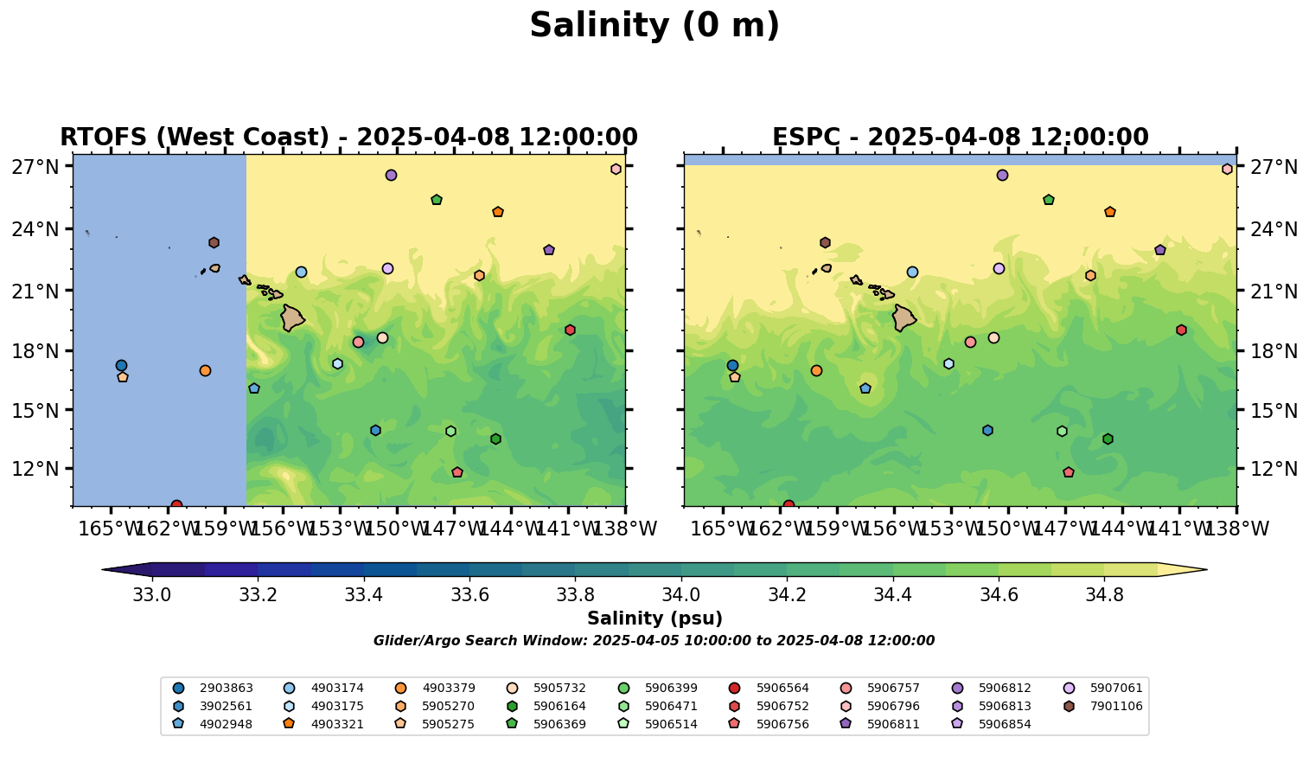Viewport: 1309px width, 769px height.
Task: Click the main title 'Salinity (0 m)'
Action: coord(654,26)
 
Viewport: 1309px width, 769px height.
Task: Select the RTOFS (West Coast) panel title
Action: coord(348,138)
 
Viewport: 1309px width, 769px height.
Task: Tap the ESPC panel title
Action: coord(960,138)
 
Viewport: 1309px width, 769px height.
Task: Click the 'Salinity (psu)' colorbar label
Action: coord(654,618)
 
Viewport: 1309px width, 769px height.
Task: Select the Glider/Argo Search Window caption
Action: coord(654,641)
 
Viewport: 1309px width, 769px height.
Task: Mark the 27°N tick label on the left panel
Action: coord(35,166)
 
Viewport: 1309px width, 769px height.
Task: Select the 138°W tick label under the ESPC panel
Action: coord(1237,528)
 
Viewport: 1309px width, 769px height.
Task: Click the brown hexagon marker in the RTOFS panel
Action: coord(214,243)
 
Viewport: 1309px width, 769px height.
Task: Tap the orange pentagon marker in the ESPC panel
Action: coord(1110,212)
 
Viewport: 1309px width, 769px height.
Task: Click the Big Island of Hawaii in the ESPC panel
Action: coord(904,317)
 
